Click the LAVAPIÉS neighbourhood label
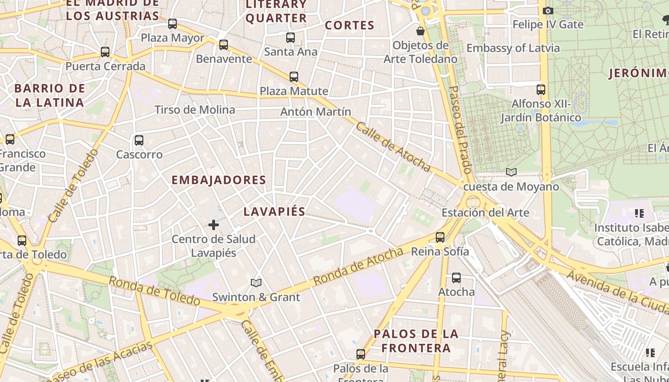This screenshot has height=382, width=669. coord(274,212)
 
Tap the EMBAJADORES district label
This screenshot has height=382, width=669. coord(218,180)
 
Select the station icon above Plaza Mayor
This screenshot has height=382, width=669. coord(173,24)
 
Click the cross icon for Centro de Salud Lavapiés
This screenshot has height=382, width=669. coord(214,224)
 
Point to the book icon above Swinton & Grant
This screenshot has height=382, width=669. coord(256,283)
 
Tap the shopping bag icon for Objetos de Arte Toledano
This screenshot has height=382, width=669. coord(421,32)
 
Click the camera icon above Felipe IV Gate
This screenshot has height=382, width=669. coord(548,11)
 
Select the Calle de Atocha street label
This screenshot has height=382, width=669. coord(393,147)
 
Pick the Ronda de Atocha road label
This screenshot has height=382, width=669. coord(358,267)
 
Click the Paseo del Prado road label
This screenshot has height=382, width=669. coord(460,129)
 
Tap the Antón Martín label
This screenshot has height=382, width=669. coord(315,112)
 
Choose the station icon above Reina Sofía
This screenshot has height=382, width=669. coord(440,237)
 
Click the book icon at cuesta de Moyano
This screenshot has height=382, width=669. coord(511,172)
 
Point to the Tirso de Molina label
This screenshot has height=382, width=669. coord(195,110)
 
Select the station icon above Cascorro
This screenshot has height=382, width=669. coord(139,140)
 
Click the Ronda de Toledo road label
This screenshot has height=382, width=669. coord(154,291)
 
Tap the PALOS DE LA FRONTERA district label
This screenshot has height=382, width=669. coord(416,340)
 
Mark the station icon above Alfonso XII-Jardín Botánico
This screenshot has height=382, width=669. coord(540,90)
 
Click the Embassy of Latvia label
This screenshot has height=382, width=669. coord(513,48)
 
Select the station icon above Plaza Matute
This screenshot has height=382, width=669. coord(294,77)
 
